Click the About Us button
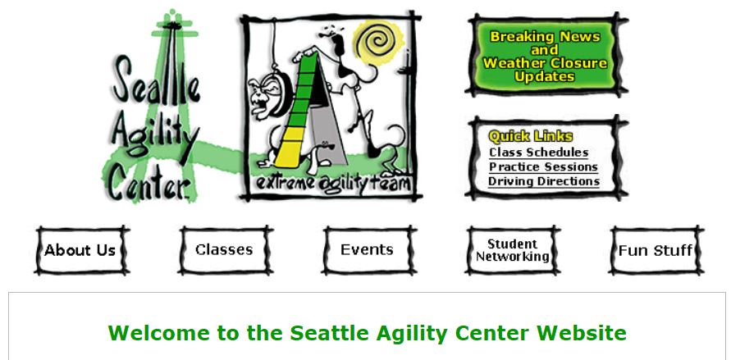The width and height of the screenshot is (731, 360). point(81,250)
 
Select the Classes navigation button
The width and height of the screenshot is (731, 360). point(225,250)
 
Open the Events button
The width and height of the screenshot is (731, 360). point(368,250)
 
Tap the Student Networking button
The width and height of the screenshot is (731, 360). point(512,250)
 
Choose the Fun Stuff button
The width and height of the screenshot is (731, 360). point(656,250)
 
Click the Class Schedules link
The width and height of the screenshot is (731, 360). point(538,153)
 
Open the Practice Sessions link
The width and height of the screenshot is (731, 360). point(543,166)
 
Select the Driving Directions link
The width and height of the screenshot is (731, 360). point(544,181)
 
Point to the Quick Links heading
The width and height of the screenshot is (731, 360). point(530,136)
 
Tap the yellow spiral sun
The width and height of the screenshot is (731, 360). point(378,42)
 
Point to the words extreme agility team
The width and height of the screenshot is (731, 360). point(333,183)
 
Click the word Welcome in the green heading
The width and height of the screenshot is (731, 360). point(158,333)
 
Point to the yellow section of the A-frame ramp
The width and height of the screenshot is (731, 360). point(290,148)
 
